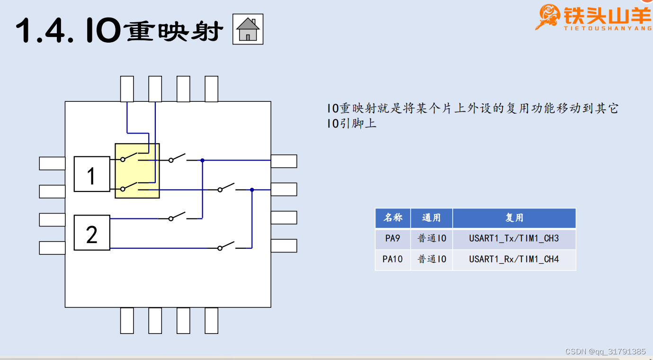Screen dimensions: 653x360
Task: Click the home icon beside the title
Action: tap(248, 29)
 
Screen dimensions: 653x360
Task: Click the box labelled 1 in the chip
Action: tap(92, 174)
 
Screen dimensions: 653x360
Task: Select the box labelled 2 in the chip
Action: tap(92, 233)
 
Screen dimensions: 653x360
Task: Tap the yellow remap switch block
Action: tap(137, 171)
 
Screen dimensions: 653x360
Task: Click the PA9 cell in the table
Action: tap(393, 239)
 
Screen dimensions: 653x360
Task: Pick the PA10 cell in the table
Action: tap(393, 260)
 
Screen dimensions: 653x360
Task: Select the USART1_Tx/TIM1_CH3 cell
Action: tap(514, 239)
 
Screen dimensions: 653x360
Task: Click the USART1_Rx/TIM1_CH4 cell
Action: tap(514, 260)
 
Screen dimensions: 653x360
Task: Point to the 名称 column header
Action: tap(393, 218)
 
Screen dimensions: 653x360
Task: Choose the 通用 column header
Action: tap(431, 218)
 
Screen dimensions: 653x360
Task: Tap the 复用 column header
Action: tap(514, 218)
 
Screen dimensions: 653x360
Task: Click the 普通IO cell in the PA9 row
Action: tap(431, 239)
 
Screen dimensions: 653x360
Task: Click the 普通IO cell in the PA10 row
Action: tap(431, 260)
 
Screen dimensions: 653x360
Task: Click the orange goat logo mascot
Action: tap(548, 17)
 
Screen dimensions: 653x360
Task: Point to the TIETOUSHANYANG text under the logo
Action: tap(608, 28)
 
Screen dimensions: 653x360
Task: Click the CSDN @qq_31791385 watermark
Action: tap(605, 351)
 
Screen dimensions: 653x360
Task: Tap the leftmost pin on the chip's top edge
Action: tap(127, 89)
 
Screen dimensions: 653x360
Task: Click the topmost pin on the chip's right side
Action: tap(284, 161)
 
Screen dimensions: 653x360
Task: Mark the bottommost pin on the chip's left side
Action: tap(52, 248)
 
